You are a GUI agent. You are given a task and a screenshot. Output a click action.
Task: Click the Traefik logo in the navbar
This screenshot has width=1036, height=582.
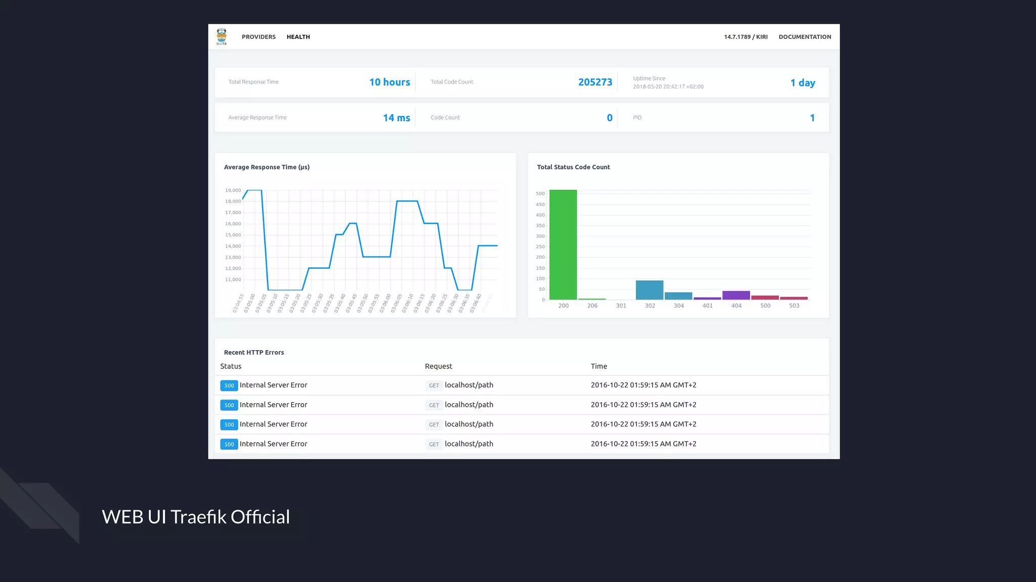(222, 36)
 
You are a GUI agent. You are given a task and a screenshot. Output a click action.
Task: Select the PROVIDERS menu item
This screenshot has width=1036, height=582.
(258, 37)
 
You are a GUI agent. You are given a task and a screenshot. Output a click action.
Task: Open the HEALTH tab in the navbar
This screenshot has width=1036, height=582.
(298, 37)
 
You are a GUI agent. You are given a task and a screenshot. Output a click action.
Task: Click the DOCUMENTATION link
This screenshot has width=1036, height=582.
(804, 37)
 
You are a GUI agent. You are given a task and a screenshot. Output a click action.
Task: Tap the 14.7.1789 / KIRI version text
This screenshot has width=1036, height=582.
(746, 37)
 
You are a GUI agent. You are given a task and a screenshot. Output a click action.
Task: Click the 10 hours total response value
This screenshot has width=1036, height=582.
(390, 82)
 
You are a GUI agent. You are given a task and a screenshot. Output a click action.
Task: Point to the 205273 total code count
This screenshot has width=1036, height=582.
(595, 82)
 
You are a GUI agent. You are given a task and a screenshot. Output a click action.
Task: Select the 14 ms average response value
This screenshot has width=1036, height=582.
(396, 118)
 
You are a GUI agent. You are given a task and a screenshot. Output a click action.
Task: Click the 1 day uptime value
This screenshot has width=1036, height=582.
(803, 83)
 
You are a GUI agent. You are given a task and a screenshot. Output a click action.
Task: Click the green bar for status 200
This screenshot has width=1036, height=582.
(563, 245)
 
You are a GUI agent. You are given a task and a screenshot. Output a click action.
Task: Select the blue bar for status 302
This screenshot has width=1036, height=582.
(650, 290)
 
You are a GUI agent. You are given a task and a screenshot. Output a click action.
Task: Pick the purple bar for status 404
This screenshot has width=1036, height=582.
(736, 295)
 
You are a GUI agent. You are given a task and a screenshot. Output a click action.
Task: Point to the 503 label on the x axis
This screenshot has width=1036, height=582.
(794, 306)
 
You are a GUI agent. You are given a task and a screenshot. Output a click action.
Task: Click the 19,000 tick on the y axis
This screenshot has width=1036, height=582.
(233, 190)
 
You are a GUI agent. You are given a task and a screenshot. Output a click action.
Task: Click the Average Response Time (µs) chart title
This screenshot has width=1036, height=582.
(267, 167)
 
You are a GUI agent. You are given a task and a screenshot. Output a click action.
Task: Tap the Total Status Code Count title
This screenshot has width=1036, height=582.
(573, 167)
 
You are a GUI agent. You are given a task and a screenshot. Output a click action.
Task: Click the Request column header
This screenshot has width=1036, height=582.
(438, 366)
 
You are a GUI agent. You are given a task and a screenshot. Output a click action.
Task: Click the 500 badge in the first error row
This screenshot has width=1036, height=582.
(229, 385)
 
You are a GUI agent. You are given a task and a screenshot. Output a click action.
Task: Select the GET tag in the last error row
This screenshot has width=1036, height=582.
(434, 445)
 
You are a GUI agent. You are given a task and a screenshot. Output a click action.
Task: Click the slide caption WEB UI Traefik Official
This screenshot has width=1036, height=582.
(196, 517)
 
